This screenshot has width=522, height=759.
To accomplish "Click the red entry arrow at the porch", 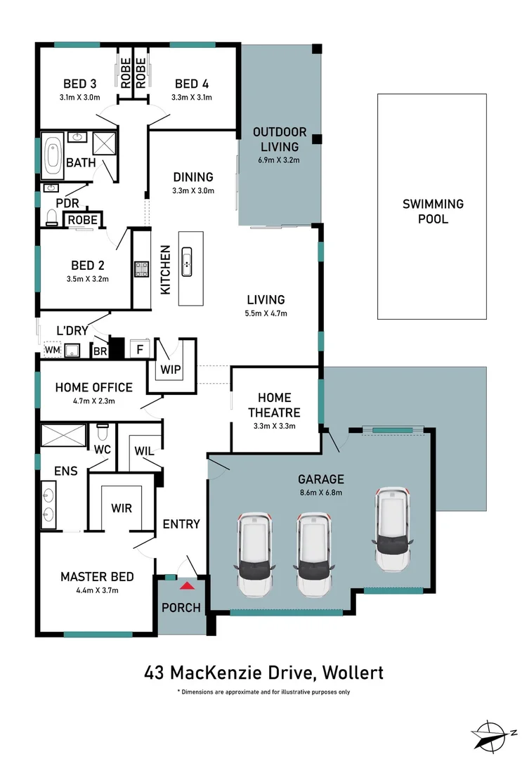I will [x=187, y=585].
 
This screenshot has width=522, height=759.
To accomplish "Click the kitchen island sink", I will [x=188, y=262].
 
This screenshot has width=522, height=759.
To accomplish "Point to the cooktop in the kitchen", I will [x=141, y=268].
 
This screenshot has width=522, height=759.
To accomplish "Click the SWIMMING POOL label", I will [x=433, y=211].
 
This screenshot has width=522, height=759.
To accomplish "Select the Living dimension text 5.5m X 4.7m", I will [x=265, y=313].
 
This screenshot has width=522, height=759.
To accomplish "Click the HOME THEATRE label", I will [x=274, y=405].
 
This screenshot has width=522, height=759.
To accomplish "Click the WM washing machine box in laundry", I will [x=53, y=349].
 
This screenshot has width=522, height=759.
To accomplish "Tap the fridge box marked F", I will [x=140, y=349].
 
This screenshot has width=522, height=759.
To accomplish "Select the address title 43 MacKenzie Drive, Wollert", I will [x=263, y=673].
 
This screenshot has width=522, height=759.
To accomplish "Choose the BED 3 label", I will [x=79, y=83].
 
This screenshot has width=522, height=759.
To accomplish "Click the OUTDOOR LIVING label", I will [x=280, y=139].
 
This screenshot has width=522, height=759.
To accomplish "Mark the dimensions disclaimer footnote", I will [x=263, y=692].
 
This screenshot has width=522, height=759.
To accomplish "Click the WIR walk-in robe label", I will [x=122, y=508].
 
